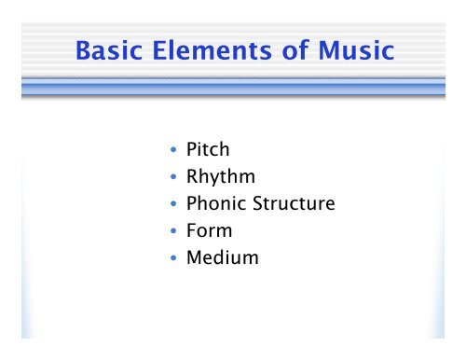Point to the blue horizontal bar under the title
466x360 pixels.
(233, 89)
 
